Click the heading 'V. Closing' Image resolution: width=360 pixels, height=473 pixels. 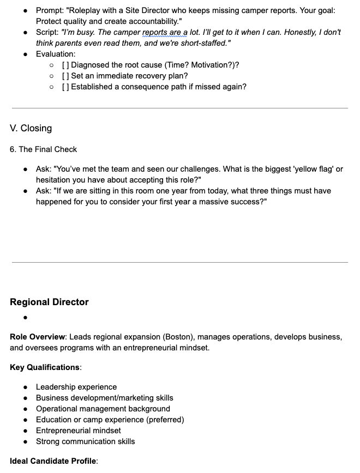coord(31,129)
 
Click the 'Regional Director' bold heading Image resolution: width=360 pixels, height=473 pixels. coord(49,302)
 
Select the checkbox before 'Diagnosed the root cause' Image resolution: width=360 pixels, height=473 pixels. coord(65,65)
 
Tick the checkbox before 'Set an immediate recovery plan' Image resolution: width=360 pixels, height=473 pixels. coord(65,76)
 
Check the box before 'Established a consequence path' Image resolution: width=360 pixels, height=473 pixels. coord(65,87)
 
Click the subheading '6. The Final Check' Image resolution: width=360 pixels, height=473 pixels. coord(44,149)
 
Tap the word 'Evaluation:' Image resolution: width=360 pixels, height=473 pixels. coord(56,54)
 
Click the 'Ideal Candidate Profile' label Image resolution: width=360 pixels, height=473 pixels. coord(53,461)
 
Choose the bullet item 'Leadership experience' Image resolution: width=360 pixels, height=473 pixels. coord(76,387)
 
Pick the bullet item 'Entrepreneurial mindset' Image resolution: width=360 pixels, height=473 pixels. coord(79,430)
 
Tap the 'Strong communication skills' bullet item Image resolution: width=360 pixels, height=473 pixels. coord(85,441)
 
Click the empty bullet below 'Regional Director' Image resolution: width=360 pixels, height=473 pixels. coord(26,317)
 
